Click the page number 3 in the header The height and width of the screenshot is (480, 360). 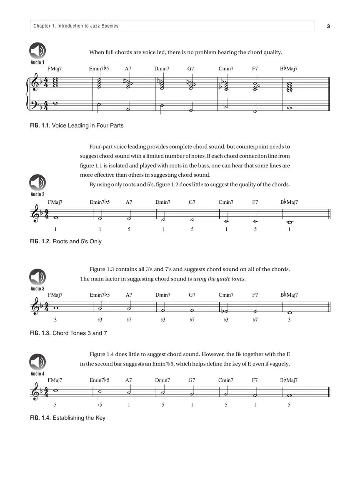328,26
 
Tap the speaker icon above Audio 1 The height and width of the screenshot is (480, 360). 37,51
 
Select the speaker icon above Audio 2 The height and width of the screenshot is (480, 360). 37,182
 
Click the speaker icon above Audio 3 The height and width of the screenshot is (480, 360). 37,277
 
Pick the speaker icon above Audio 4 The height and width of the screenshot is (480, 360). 37,362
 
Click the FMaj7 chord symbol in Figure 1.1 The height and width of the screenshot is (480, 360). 55,69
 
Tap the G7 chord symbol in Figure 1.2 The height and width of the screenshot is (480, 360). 192,202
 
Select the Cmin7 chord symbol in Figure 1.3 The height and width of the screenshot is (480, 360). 226,295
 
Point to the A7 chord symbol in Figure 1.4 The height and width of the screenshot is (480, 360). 129,380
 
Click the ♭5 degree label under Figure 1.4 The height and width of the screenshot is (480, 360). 100,405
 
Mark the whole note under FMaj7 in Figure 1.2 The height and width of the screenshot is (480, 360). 55,217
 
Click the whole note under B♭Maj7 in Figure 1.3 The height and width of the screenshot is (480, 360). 289,312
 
